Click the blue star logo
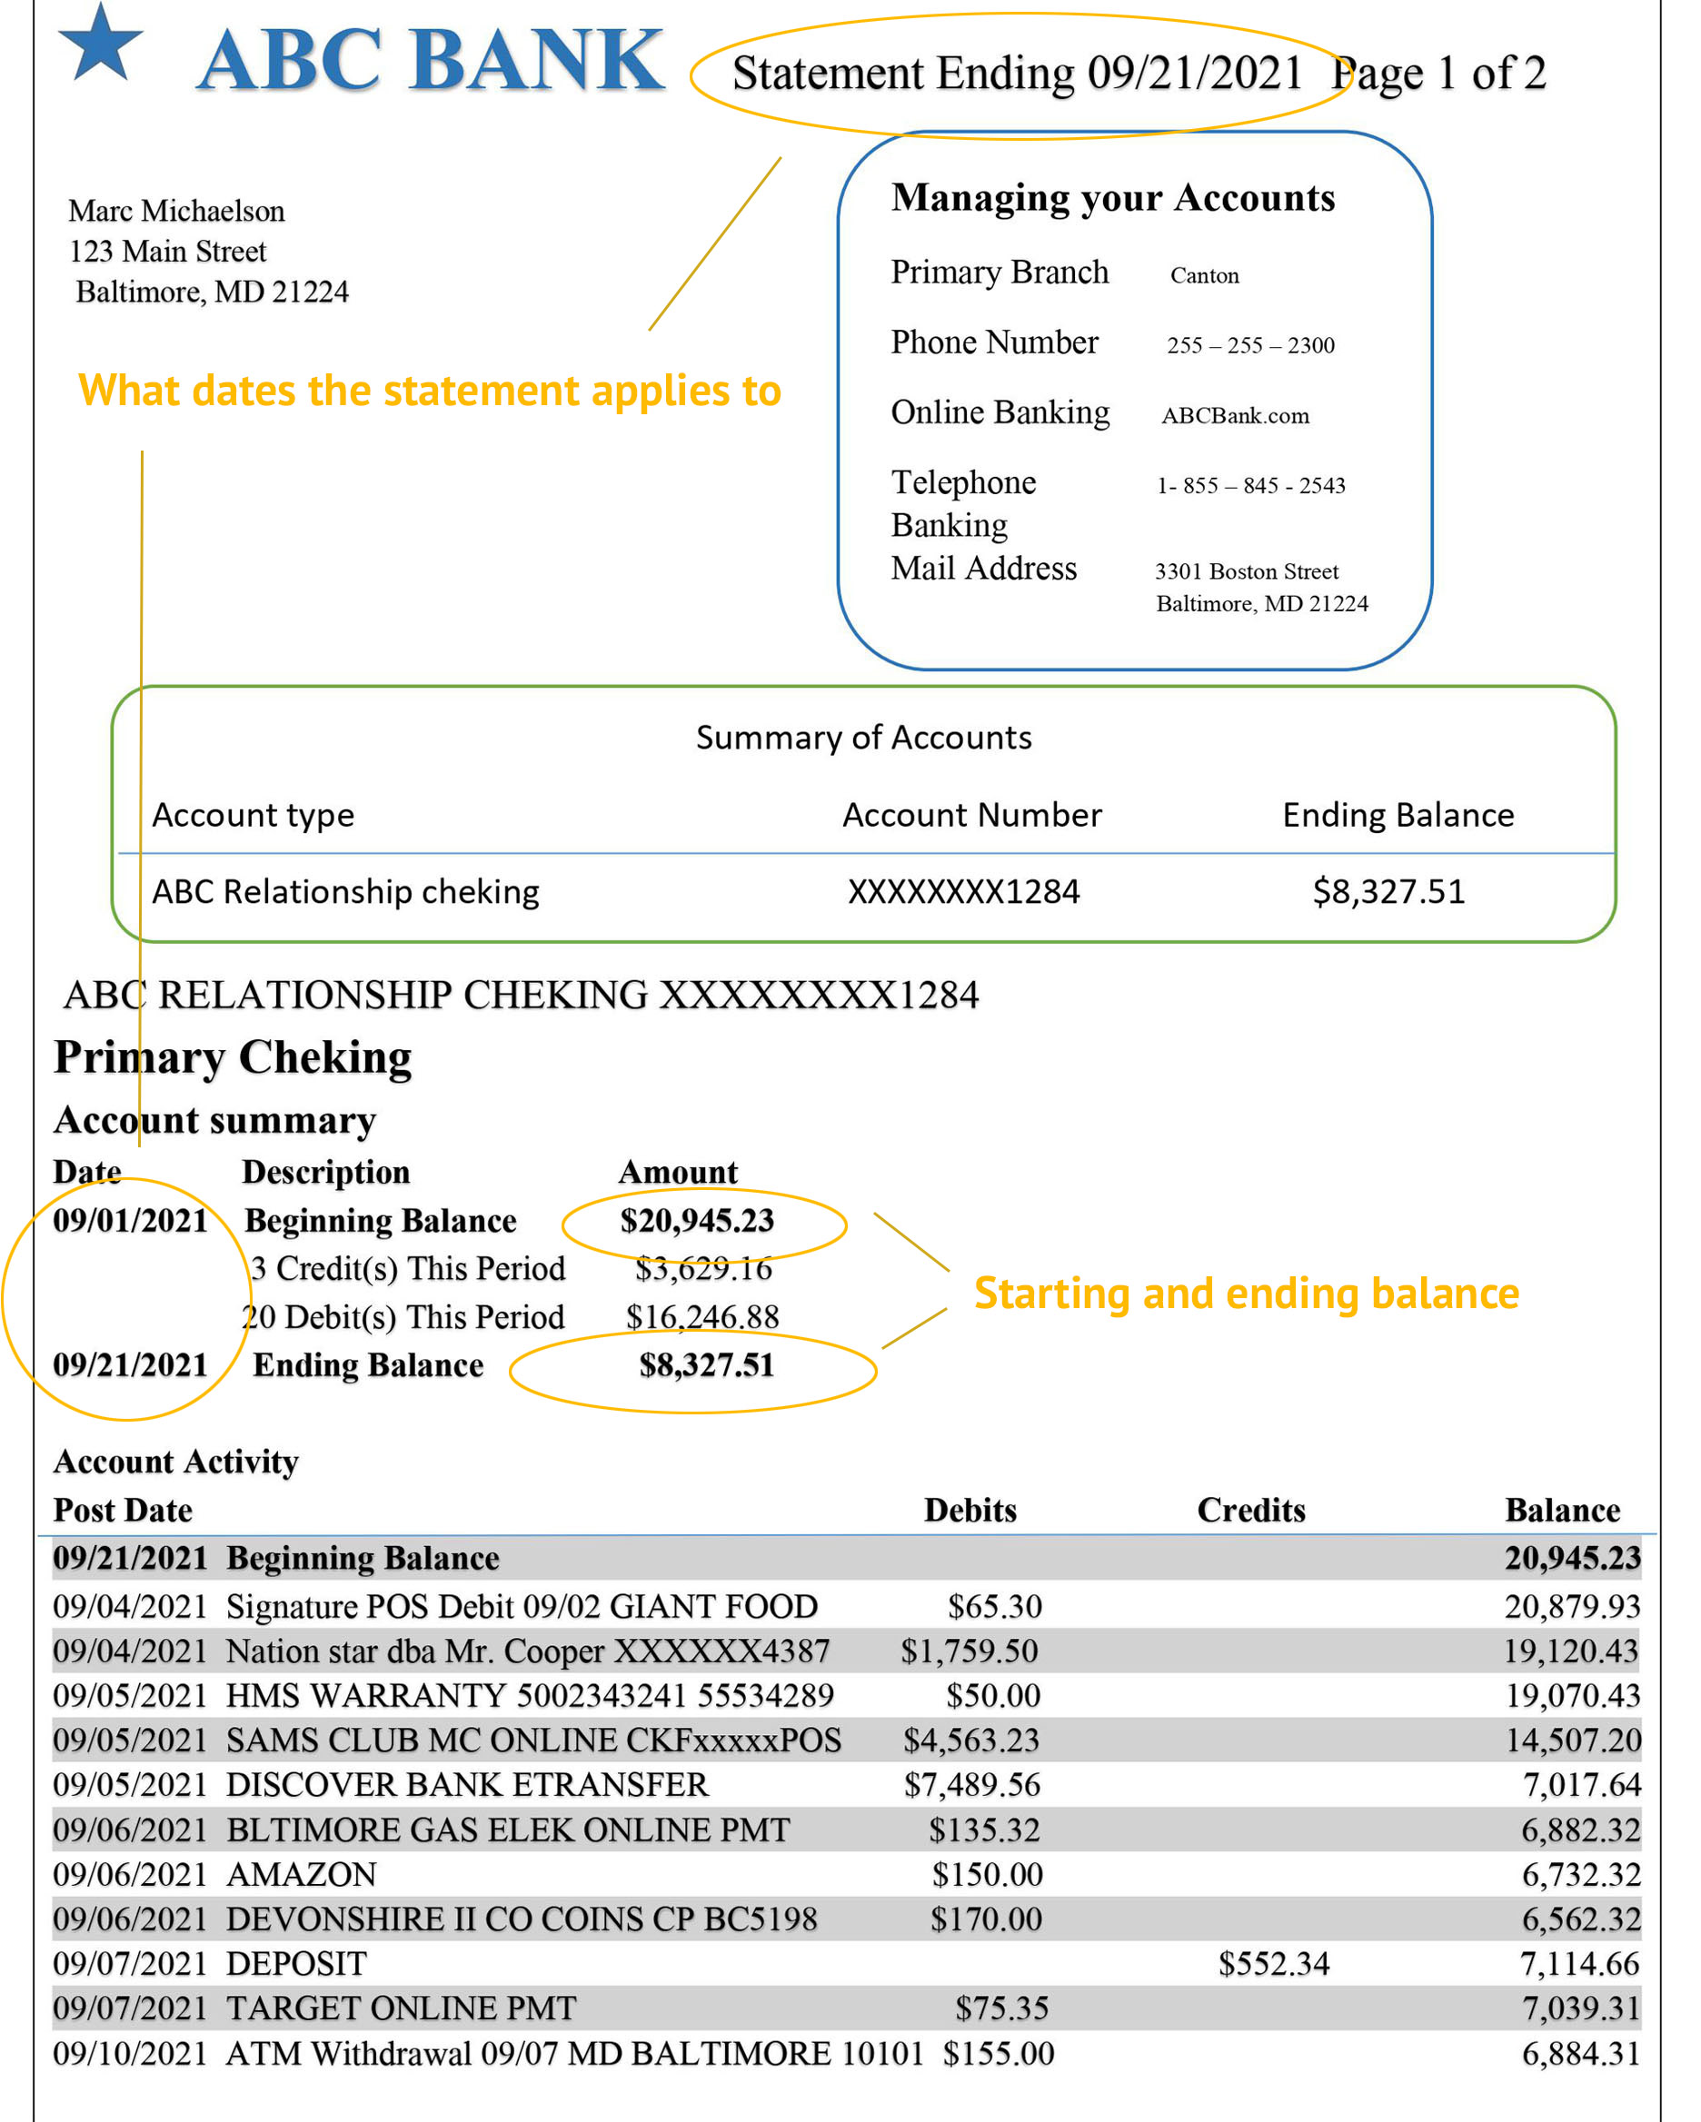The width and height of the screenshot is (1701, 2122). point(100,45)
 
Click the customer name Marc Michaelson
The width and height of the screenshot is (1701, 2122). point(176,211)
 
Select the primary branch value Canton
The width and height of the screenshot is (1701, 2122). point(1204,275)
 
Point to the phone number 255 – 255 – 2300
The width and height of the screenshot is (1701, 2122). point(1250,345)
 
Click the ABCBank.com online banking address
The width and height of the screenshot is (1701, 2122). point(1234,415)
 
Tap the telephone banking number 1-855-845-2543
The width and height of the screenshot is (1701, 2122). point(1250,485)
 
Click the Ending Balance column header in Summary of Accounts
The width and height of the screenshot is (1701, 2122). point(1398,815)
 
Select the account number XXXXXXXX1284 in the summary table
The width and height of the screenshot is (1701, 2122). point(964,892)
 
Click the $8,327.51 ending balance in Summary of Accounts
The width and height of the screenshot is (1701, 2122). point(1388,892)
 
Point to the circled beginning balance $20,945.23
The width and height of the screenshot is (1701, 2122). point(697,1222)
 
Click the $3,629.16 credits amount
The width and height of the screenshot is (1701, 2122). point(703,1270)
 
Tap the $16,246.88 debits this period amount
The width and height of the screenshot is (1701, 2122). point(703,1318)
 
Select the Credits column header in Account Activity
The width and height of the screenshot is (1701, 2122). point(1251,1511)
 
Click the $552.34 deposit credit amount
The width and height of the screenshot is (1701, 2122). point(1274,1965)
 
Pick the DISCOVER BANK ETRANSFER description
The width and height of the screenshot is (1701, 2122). point(467,1785)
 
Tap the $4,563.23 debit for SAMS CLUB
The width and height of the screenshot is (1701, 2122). point(971,1741)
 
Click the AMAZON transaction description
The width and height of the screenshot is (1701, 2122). point(302,1875)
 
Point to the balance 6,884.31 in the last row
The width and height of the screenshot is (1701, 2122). point(1581,2054)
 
